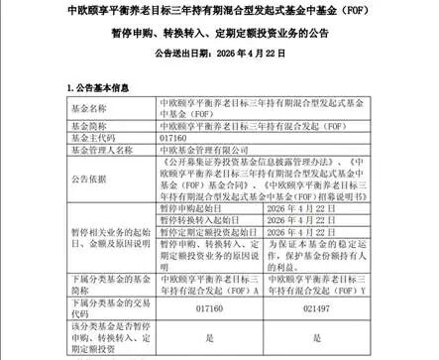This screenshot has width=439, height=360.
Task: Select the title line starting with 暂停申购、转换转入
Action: click(x=219, y=39)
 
